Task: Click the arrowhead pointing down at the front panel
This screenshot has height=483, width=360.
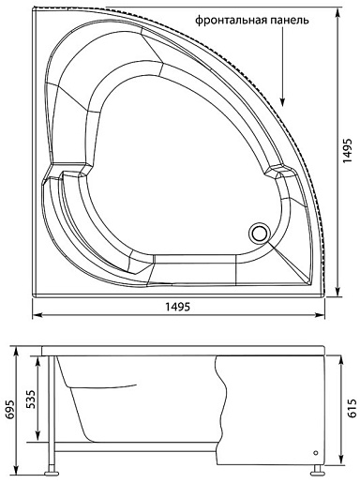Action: click(x=282, y=101)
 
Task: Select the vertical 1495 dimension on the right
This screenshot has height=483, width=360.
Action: click(x=347, y=150)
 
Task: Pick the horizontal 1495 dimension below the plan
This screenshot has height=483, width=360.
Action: click(x=177, y=307)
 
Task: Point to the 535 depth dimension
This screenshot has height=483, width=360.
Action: click(x=32, y=399)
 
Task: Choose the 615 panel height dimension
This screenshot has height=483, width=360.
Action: click(x=352, y=408)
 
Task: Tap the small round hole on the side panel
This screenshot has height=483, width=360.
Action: click(x=315, y=453)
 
